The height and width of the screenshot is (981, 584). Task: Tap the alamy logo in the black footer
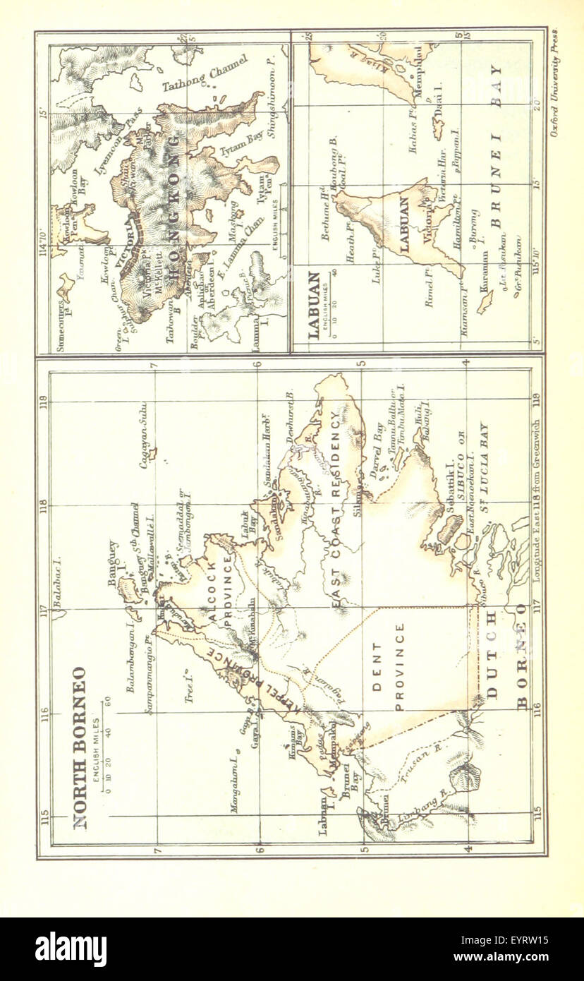(x=71, y=949)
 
